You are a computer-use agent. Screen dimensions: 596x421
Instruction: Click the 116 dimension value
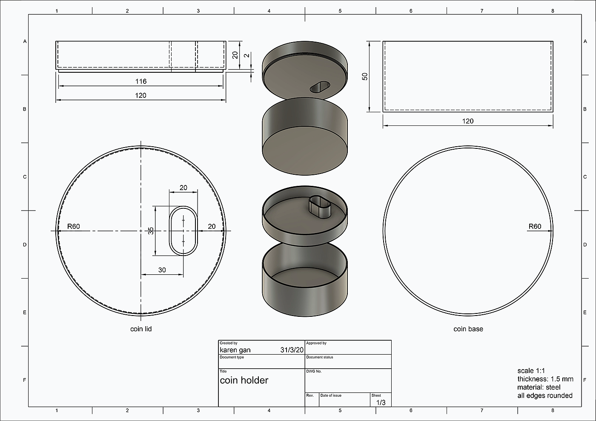pyautogui.click(x=141, y=81)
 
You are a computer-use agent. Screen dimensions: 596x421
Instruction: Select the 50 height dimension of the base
pyautogui.click(x=365, y=77)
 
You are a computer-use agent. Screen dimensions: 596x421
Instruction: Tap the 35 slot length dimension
pyautogui.click(x=151, y=230)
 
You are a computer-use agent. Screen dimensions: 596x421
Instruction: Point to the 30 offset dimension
pyautogui.click(x=162, y=270)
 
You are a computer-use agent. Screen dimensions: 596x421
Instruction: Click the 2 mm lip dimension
pyautogui.click(x=247, y=55)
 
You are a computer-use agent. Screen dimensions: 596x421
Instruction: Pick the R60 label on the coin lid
pyautogui.click(x=73, y=226)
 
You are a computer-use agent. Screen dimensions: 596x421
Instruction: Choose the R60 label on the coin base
pyautogui.click(x=535, y=226)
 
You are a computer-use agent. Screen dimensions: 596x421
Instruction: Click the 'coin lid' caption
pyautogui.click(x=141, y=329)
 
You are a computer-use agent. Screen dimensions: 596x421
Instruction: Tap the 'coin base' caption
pyautogui.click(x=468, y=329)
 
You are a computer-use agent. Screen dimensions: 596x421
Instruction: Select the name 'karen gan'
pyautogui.click(x=235, y=350)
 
